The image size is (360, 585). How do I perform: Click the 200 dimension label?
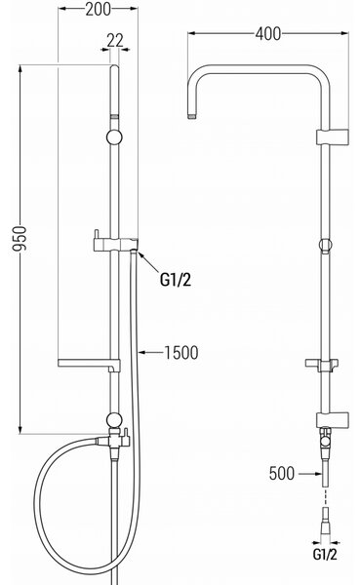98,10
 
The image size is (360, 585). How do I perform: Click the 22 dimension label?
115,40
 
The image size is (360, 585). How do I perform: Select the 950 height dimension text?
20,239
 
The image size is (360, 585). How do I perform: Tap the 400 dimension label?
268,33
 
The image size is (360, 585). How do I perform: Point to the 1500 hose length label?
181,353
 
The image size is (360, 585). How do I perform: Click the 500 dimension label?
282,473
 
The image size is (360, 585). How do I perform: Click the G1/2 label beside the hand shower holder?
176,279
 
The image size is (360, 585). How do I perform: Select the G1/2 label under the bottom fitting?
325,555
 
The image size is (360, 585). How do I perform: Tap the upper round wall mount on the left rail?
114,136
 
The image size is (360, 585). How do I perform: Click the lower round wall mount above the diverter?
114,420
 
